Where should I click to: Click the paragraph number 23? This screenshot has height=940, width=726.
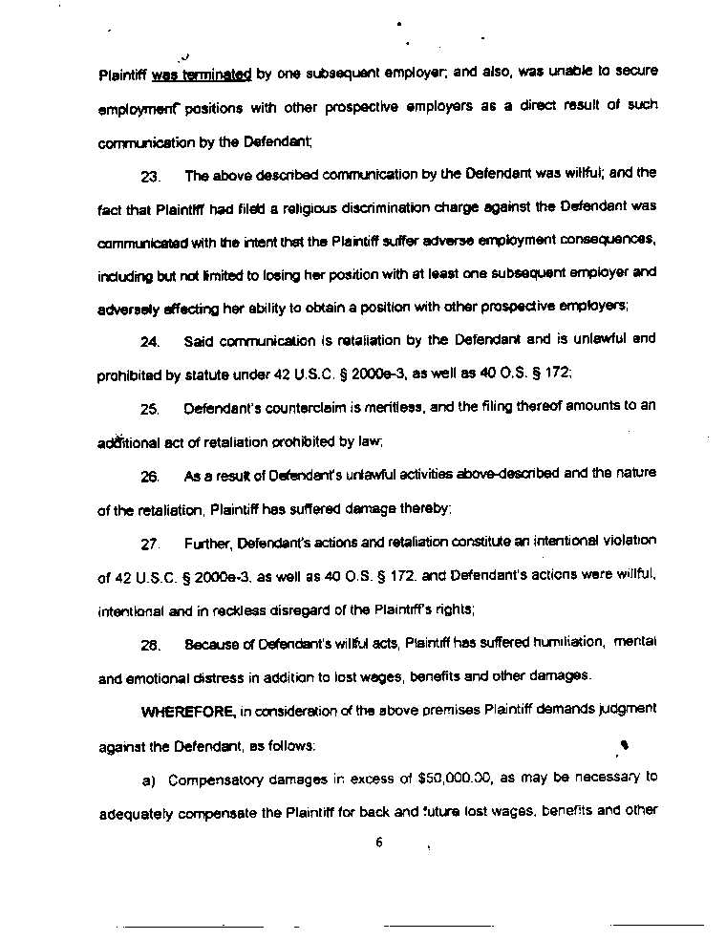(150, 177)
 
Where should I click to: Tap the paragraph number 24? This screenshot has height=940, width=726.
(149, 342)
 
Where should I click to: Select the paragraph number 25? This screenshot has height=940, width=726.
(149, 409)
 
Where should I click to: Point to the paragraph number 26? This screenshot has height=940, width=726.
(149, 476)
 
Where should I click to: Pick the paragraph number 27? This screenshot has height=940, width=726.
(149, 545)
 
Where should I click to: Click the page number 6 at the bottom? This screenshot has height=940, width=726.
(379, 843)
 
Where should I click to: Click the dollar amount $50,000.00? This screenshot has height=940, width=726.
(455, 779)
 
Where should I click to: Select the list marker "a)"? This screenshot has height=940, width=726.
(148, 780)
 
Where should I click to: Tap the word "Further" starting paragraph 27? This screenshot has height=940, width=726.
(206, 543)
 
